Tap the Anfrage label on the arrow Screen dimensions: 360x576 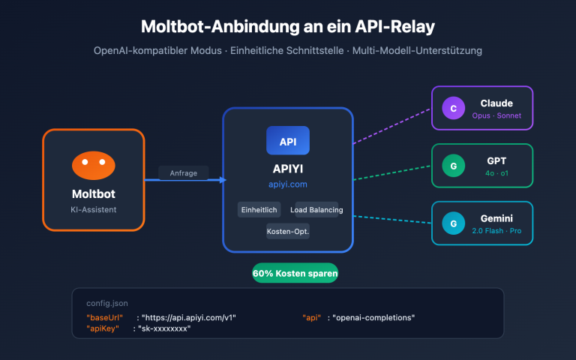[183, 172]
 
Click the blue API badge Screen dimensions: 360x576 [287, 141]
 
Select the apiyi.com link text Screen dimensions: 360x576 [288, 184]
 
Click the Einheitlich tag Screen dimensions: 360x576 [259, 210]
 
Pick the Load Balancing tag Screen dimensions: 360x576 [317, 210]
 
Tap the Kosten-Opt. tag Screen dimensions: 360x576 [288, 232]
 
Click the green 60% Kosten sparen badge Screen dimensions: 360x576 [295, 274]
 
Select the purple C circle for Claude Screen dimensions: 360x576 [453, 109]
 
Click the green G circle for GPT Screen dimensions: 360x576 [453, 166]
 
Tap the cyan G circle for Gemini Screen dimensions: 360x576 [453, 223]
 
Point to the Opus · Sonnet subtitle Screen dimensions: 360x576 [496, 116]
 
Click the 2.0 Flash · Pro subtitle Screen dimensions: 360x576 [496, 231]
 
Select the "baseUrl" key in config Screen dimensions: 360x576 [105, 318]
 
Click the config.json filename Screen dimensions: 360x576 [107, 304]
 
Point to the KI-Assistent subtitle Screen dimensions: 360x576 [93, 210]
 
